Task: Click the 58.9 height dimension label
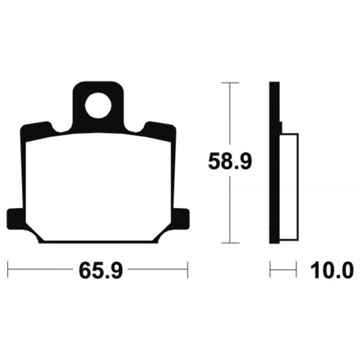point(230,161)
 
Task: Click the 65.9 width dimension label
point(101,271)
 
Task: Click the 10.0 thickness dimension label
point(332,271)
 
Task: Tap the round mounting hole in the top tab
point(98,106)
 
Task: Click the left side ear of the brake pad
point(15,219)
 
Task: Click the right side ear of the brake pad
point(181,219)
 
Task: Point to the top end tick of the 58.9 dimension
point(230,83)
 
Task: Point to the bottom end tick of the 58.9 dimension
point(230,242)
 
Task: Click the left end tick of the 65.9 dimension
point(8,269)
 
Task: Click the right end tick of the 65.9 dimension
point(188,269)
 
